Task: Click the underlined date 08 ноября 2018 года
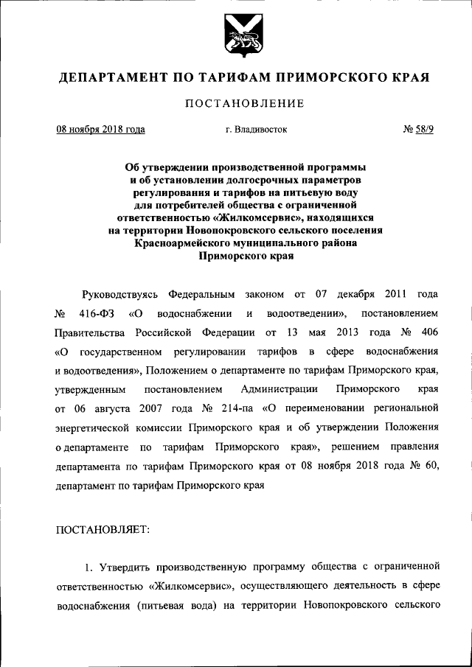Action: click(101, 130)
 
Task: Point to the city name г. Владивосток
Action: click(257, 130)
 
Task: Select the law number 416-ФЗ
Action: click(96, 314)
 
